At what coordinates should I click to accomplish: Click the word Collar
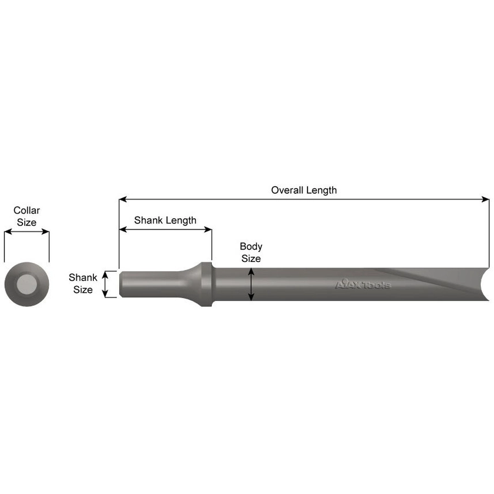pyautogui.click(x=27, y=210)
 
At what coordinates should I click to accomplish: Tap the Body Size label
pyautogui.click(x=251, y=252)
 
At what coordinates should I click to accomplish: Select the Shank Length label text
pyautogui.click(x=165, y=220)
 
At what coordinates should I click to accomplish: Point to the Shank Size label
pyautogui.click(x=83, y=284)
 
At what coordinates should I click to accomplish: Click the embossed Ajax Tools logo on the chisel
pyautogui.click(x=363, y=284)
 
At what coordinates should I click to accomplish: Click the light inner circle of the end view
pyautogui.click(x=27, y=284)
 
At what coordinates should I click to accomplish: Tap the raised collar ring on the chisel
pyautogui.click(x=207, y=284)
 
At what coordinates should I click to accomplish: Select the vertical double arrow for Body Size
pyautogui.click(x=251, y=284)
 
